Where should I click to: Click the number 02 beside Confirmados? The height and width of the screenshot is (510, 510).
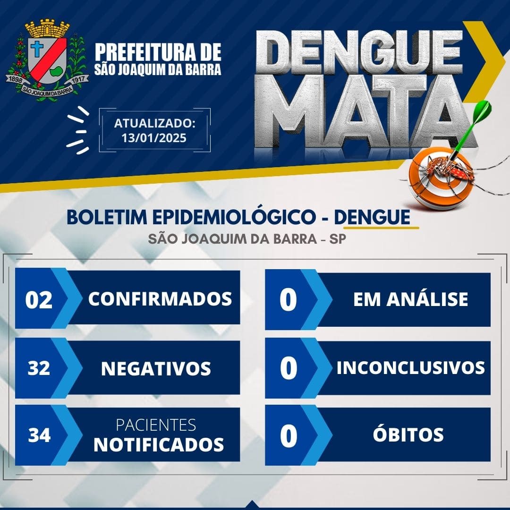[x=39, y=299]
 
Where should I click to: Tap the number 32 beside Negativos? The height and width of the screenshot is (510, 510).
[x=39, y=368]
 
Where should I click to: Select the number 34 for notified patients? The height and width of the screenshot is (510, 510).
[x=39, y=435]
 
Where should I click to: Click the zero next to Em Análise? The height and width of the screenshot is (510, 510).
[x=288, y=300]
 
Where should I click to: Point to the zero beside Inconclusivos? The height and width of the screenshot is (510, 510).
[x=289, y=368]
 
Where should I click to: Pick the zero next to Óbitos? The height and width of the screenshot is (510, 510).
[x=289, y=436]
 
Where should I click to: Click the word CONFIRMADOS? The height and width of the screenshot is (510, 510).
[x=160, y=299]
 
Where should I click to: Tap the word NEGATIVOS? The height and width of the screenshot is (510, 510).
[x=156, y=368]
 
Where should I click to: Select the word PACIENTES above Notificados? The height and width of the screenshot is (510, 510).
[x=156, y=425]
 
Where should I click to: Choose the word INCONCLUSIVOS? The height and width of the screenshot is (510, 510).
[x=410, y=367]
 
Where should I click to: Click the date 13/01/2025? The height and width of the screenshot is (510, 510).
[x=154, y=138]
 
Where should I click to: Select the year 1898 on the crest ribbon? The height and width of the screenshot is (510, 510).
[x=15, y=79]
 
